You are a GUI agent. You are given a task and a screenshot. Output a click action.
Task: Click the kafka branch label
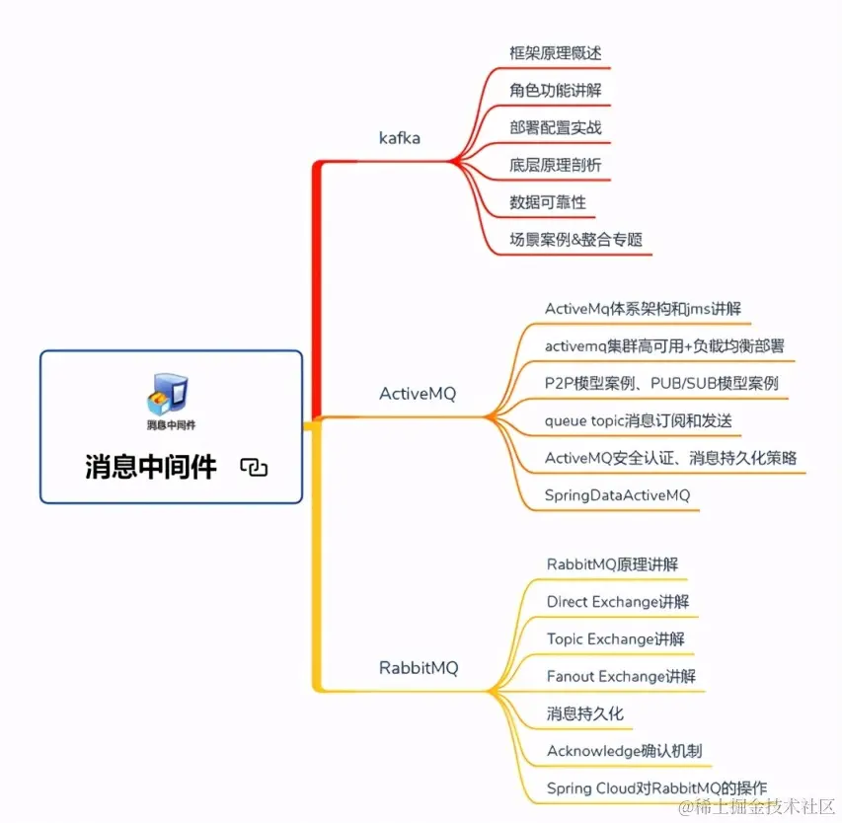[400, 137]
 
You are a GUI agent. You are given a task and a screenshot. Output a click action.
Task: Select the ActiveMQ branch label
[418, 394]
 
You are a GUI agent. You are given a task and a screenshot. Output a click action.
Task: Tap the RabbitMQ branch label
[419, 668]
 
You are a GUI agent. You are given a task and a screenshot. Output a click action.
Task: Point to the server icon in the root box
[169, 392]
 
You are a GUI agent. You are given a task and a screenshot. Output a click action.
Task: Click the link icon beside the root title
[254, 467]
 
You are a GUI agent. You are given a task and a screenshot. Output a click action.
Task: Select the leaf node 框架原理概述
[555, 52]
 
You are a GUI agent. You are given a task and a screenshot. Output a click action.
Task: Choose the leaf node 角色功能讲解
[556, 90]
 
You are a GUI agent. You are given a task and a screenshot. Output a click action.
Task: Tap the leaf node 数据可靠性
[548, 202]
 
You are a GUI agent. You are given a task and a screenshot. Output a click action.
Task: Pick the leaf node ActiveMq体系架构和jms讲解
[643, 308]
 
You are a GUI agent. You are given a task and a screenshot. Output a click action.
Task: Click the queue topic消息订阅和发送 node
[639, 420]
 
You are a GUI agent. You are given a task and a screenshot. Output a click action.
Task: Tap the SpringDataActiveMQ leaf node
[617, 494]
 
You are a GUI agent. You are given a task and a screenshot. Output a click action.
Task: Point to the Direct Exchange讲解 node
[618, 601]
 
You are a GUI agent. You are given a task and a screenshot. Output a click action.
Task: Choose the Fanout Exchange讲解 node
[621, 676]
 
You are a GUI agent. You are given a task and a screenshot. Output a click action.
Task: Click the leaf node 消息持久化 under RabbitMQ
[584, 713]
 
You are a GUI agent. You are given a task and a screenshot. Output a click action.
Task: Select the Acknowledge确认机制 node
[624, 751]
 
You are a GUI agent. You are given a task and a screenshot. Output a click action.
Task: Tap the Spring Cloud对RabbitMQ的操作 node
[656, 788]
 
